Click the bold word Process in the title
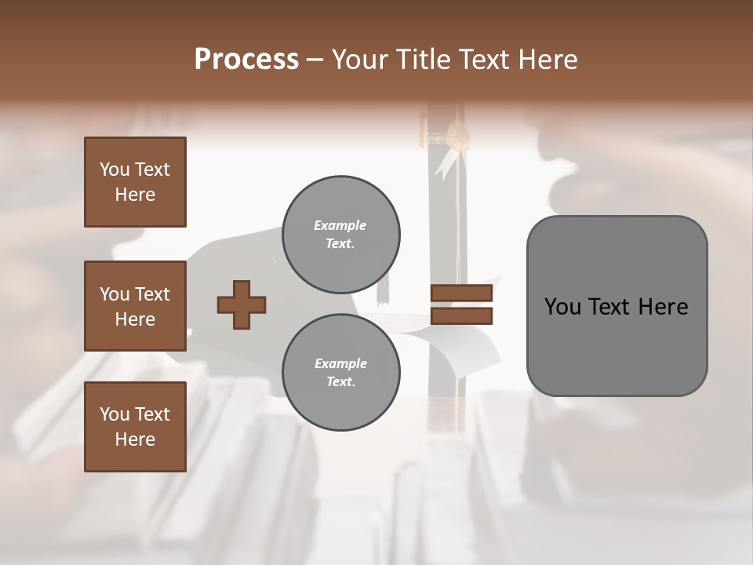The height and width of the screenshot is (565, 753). click(246, 60)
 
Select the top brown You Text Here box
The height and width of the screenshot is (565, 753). click(135, 182)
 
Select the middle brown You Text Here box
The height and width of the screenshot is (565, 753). click(135, 306)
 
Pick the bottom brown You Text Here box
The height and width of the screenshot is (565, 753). click(135, 426)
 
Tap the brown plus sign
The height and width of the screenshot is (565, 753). click(242, 304)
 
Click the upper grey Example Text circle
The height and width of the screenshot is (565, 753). click(340, 235)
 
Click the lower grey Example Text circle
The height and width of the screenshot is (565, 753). click(340, 373)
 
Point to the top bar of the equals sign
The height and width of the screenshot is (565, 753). click(461, 293)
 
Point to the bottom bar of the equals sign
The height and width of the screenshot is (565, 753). click(461, 315)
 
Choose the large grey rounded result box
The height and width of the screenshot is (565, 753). click(617, 345)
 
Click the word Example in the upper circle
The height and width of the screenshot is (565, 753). click(340, 225)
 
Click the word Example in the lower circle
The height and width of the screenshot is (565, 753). click(340, 363)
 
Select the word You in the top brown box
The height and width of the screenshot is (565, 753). click(114, 169)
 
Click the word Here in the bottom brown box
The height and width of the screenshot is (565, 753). click(135, 439)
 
